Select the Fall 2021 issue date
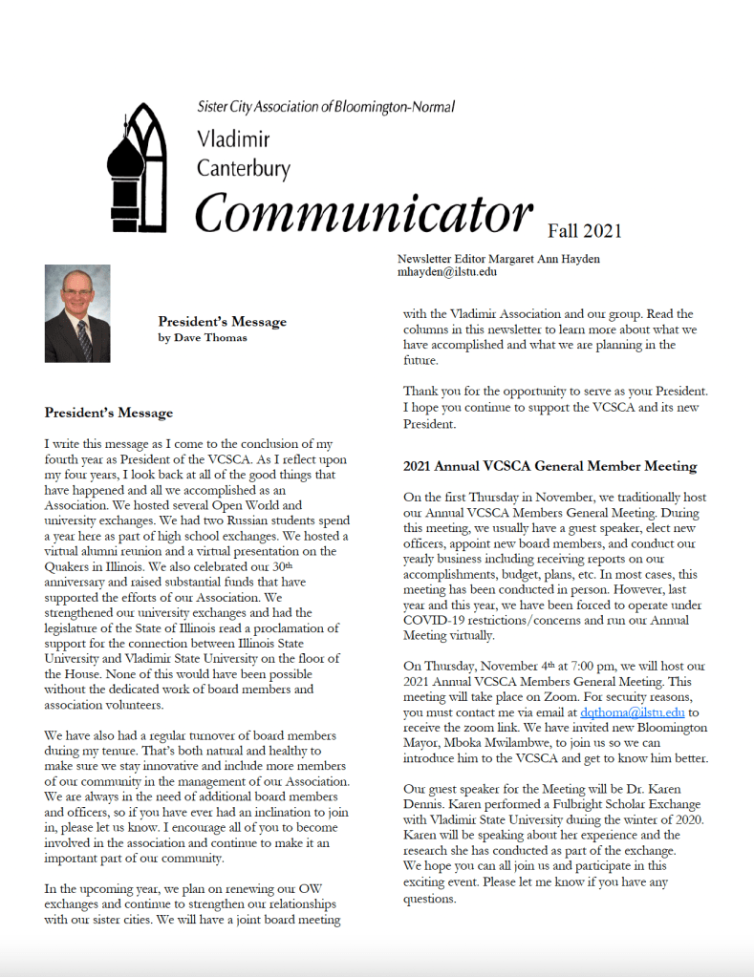point(585,230)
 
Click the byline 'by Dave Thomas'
point(203,338)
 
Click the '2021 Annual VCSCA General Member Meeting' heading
point(549,467)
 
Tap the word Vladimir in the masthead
point(233,140)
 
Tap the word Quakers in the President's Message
point(71,565)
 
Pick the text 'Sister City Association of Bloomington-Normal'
point(326,108)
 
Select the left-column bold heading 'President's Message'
point(109,414)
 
